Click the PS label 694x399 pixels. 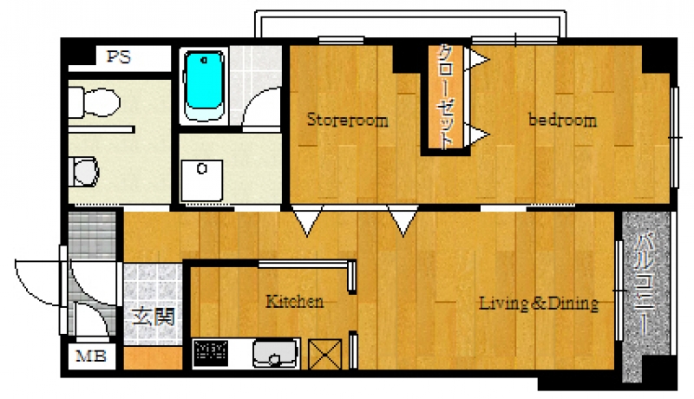119,57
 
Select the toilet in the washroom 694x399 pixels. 94,102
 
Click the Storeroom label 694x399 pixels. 348,120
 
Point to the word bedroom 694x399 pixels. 562,120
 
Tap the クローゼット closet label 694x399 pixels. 445,96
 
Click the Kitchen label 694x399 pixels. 294,302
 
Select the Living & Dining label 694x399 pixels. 539,303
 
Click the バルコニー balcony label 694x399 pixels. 645,285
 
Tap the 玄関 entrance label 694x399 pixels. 154,317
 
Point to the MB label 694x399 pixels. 91,356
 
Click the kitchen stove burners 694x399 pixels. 211,352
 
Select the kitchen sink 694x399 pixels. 275,353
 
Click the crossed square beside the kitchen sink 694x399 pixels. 324,354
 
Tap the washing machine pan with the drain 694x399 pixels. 202,180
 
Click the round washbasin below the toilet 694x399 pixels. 83,171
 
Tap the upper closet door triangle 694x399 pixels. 477,59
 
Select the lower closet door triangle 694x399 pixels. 477,134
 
